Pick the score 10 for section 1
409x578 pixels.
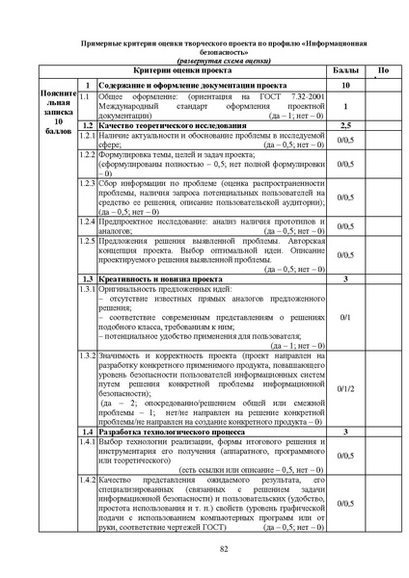[344, 85]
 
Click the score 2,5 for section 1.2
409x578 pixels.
[344, 125]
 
